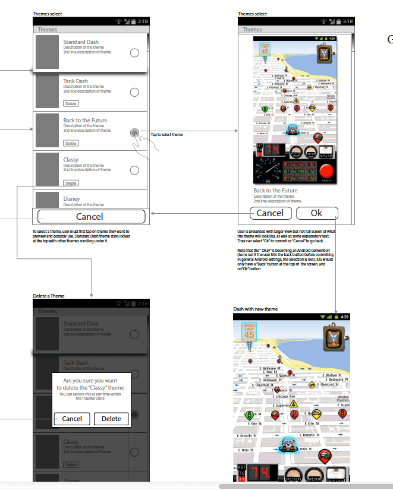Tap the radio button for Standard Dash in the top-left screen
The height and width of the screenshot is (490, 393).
pyautogui.click(x=134, y=53)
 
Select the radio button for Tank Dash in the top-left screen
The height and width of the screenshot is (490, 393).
pyautogui.click(x=134, y=92)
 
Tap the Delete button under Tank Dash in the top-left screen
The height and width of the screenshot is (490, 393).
pyautogui.click(x=71, y=104)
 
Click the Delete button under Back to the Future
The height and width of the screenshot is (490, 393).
pyautogui.click(x=71, y=143)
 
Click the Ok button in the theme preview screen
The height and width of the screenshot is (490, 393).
pyautogui.click(x=317, y=213)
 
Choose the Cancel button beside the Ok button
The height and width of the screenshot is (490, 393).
pyautogui.click(x=270, y=213)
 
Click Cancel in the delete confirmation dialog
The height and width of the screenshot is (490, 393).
pyautogui.click(x=72, y=419)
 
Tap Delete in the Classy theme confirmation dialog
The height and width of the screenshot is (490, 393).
pyautogui.click(x=111, y=419)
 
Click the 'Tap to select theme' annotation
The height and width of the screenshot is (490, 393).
pyautogui.click(x=166, y=135)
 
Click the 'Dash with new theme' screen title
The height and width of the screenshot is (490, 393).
pyautogui.click(x=255, y=309)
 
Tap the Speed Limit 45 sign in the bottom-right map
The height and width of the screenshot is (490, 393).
pyautogui.click(x=248, y=332)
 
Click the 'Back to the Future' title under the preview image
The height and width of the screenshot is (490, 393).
pyautogui.click(x=275, y=191)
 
